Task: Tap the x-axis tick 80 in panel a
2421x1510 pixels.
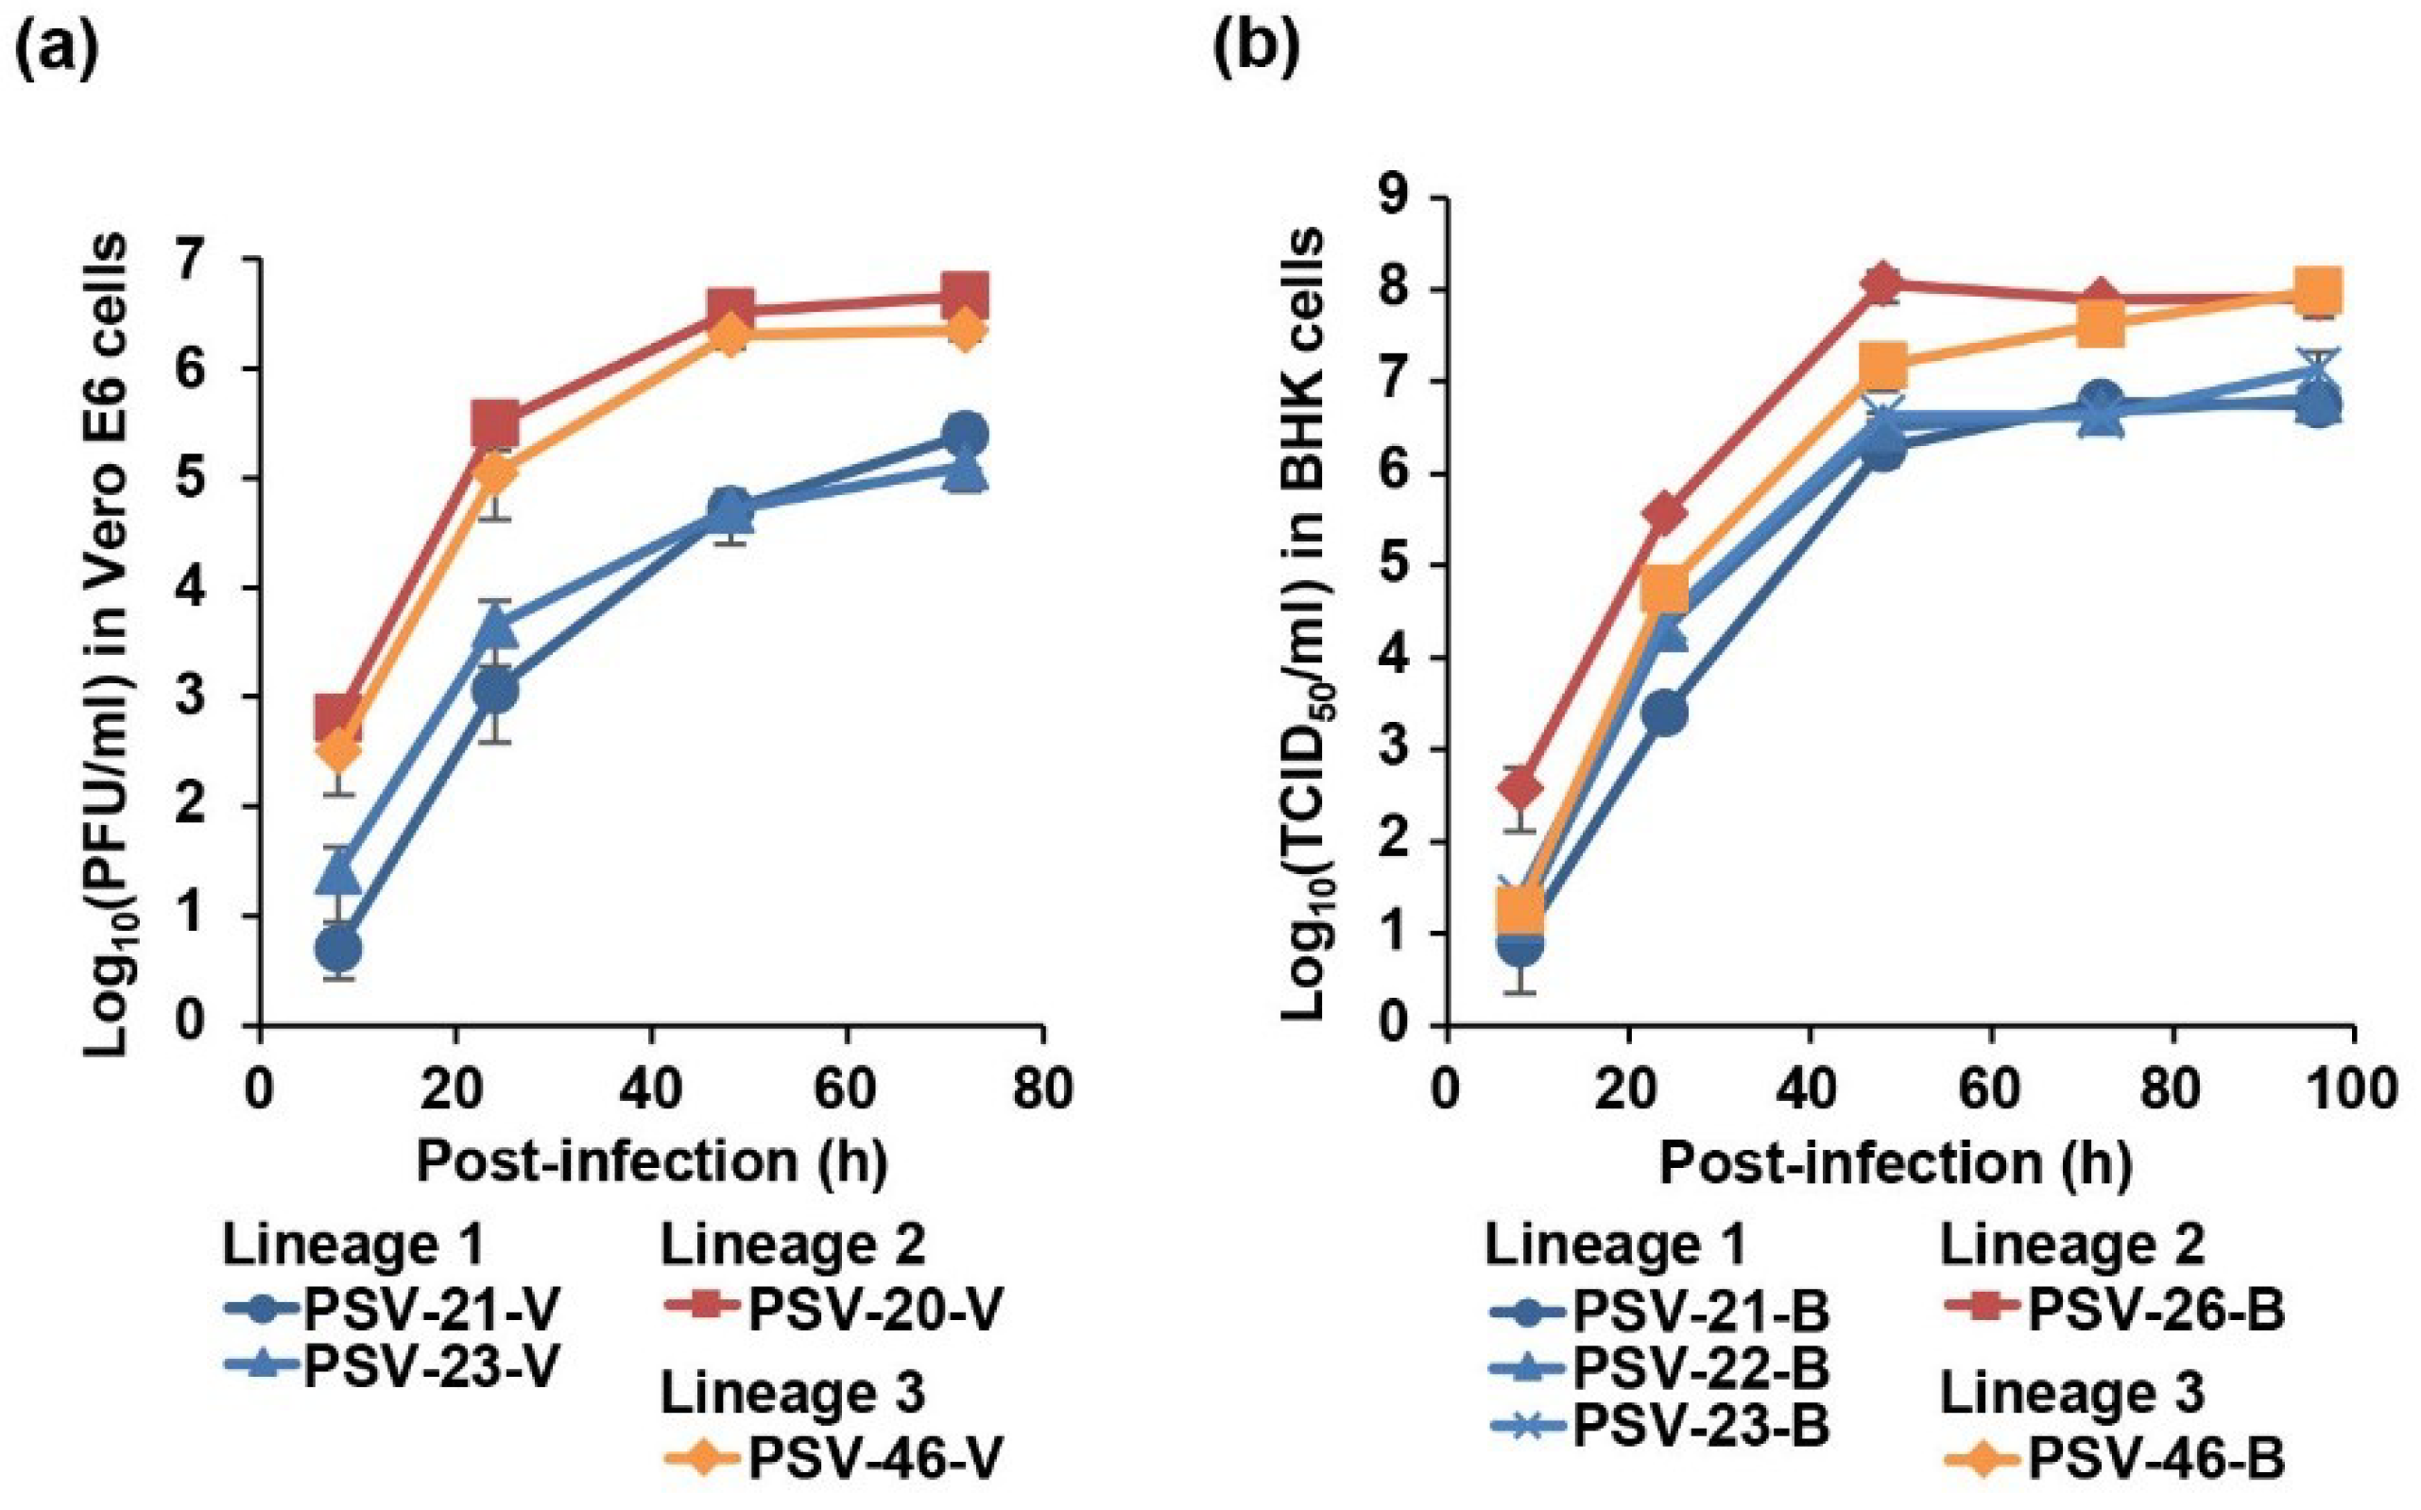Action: point(1042,1088)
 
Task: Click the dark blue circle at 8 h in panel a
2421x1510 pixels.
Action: point(337,949)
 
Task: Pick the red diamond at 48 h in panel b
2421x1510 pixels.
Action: point(1881,283)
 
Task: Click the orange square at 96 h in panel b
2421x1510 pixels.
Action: point(2317,292)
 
